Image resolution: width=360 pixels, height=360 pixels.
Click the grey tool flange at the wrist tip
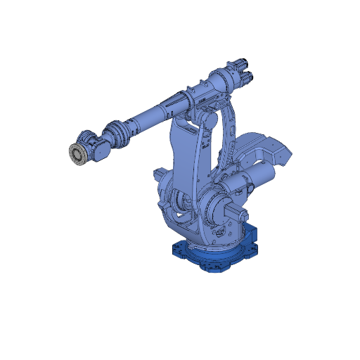coord(77,153)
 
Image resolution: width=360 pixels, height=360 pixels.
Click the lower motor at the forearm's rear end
coord(247,78)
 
